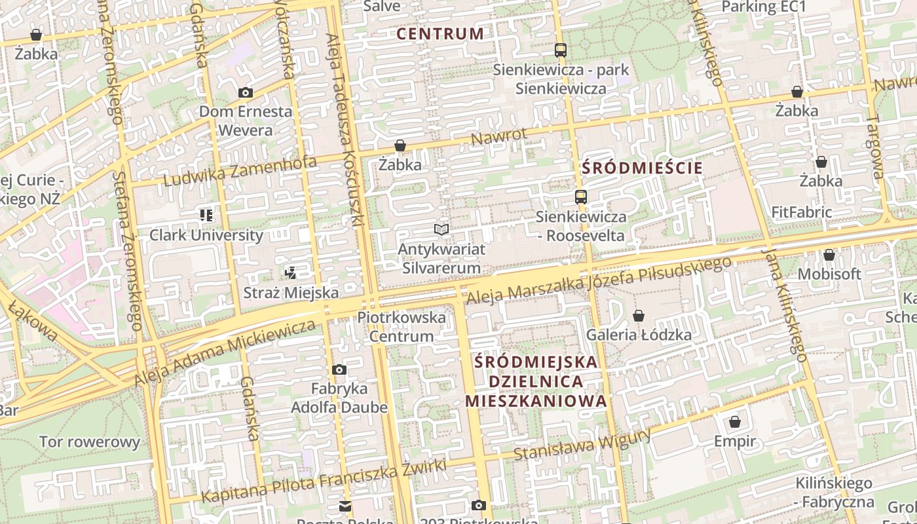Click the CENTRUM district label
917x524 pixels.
pos(440,33)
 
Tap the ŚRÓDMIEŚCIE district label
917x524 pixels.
pos(642,168)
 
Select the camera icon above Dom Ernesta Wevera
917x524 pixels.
pos(246,93)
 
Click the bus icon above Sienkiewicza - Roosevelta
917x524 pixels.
pos(580,196)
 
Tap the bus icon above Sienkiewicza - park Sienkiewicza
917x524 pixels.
pos(560,50)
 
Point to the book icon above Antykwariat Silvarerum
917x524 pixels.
pos(441,229)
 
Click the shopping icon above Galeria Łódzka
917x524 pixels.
pos(639,316)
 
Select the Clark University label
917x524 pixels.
pos(206,235)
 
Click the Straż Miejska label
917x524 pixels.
pos(291,293)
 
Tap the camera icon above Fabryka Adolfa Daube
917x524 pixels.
pos(339,370)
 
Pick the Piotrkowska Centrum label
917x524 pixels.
pos(402,327)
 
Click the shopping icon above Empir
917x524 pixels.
pos(735,422)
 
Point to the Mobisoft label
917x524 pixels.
pos(829,274)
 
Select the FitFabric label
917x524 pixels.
pos(801,212)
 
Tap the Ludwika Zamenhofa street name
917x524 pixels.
pos(240,170)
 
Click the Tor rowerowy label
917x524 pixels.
pos(90,441)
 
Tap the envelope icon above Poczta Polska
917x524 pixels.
pos(345,506)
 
